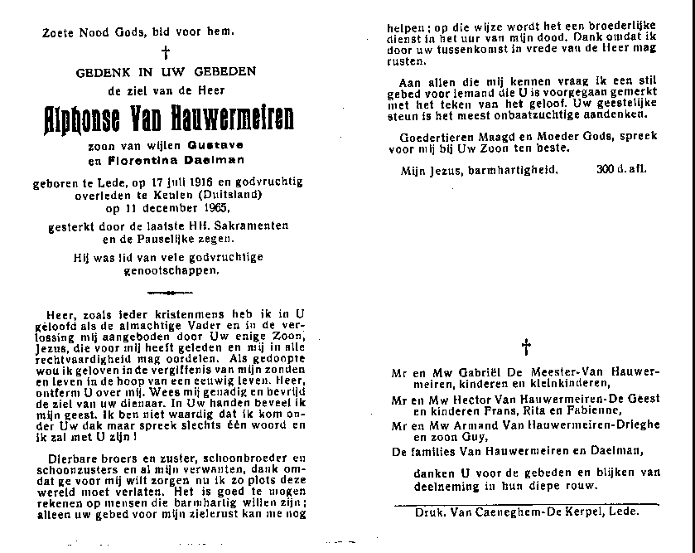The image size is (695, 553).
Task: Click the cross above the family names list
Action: (x=525, y=347)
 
